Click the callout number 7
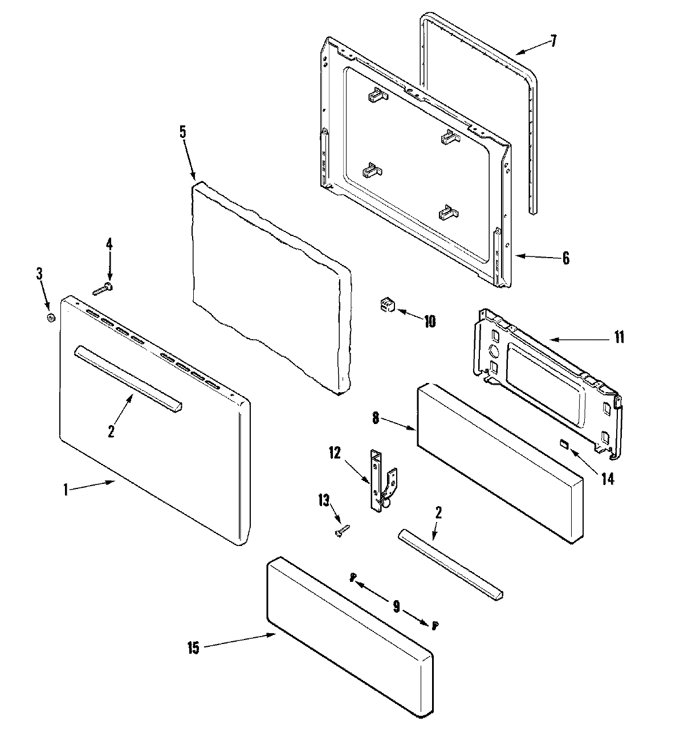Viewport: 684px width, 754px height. pyautogui.click(x=553, y=42)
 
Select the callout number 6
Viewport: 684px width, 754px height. pyautogui.click(x=565, y=258)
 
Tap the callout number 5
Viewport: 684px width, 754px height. pyautogui.click(x=182, y=132)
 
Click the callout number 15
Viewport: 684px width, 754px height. pyautogui.click(x=193, y=649)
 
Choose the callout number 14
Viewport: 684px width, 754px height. pyautogui.click(x=608, y=479)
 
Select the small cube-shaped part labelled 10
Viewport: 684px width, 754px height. pyautogui.click(x=388, y=306)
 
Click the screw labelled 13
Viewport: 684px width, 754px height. pyautogui.click(x=340, y=531)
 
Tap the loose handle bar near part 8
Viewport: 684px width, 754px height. pyautogui.click(x=450, y=563)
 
